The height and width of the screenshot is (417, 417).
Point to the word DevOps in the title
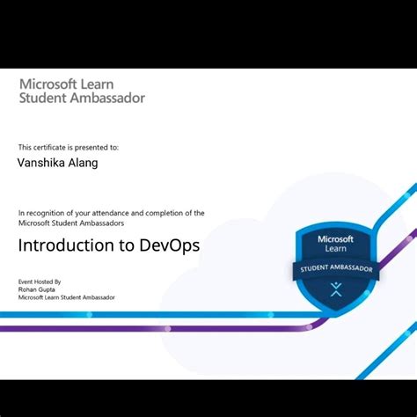(x=169, y=245)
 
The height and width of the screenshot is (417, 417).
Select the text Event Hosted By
(x=40, y=282)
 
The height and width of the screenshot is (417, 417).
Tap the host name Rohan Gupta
(x=36, y=289)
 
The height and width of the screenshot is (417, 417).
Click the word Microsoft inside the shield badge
(x=335, y=238)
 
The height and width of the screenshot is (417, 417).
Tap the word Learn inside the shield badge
(x=335, y=249)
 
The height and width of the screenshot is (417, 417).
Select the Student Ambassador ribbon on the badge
(x=335, y=267)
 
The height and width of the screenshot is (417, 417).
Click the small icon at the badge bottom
(x=335, y=289)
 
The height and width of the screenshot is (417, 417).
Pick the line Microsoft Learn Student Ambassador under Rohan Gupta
(x=66, y=297)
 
